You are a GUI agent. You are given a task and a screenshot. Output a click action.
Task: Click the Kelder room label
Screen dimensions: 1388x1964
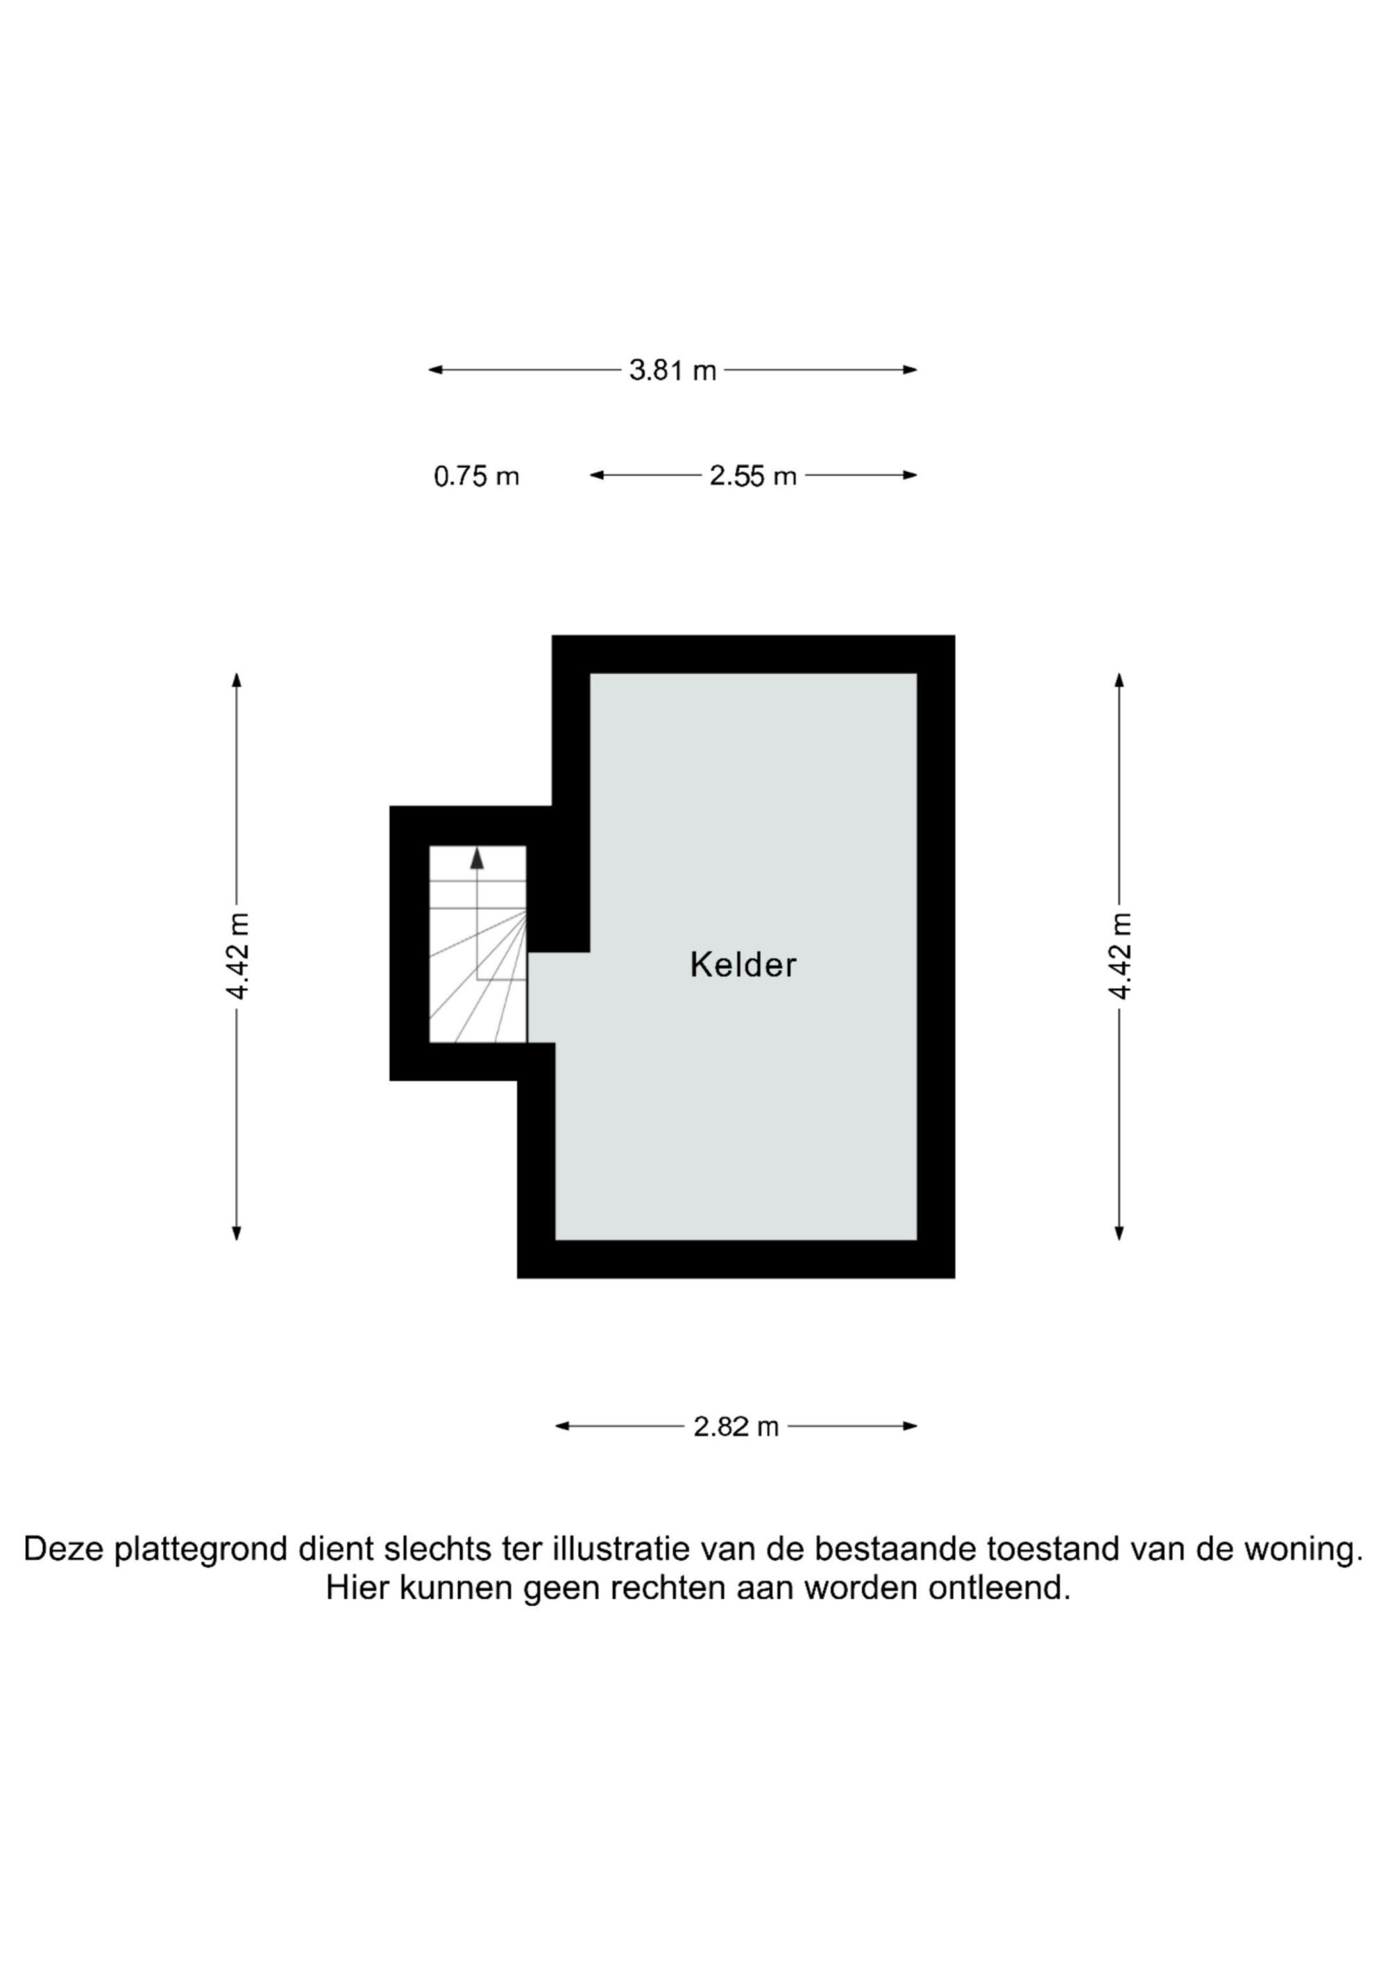[743, 965]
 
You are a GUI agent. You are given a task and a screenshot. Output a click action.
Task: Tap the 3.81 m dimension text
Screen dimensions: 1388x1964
[672, 371]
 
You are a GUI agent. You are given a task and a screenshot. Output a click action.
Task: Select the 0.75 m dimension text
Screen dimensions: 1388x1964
[476, 476]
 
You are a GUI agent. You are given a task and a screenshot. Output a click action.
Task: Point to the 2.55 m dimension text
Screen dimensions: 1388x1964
[752, 476]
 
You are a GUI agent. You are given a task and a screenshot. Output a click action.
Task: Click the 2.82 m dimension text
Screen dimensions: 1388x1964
[736, 1427]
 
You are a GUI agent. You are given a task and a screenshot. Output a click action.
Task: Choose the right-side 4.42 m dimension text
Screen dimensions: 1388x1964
[1119, 955]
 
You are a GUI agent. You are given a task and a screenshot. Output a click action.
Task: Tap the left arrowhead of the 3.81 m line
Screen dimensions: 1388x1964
[435, 371]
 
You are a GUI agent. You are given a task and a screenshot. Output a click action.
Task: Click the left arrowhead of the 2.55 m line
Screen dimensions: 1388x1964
[597, 476]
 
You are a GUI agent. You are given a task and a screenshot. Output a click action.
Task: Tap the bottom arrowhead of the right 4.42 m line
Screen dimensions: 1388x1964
[1119, 1233]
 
